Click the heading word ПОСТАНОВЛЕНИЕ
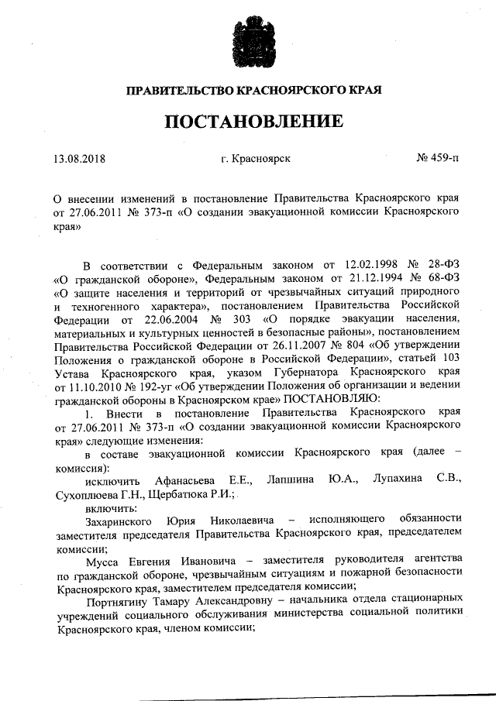(x=253, y=122)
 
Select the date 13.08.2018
(x=80, y=159)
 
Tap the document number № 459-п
(x=436, y=159)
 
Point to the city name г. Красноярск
(x=255, y=159)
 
